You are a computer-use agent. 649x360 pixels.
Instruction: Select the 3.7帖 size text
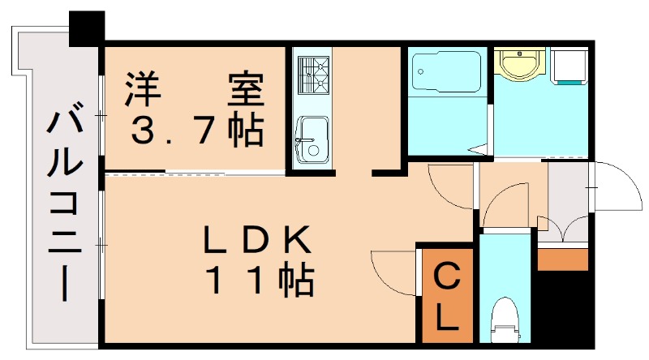(195, 130)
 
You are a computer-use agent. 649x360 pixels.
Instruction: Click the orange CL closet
(445, 297)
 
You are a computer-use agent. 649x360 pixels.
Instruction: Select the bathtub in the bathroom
(447, 74)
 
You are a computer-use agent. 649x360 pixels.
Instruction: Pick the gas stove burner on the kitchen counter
(312, 74)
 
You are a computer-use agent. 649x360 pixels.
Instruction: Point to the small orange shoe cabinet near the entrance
(562, 259)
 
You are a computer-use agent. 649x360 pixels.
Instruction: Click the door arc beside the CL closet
(394, 271)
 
